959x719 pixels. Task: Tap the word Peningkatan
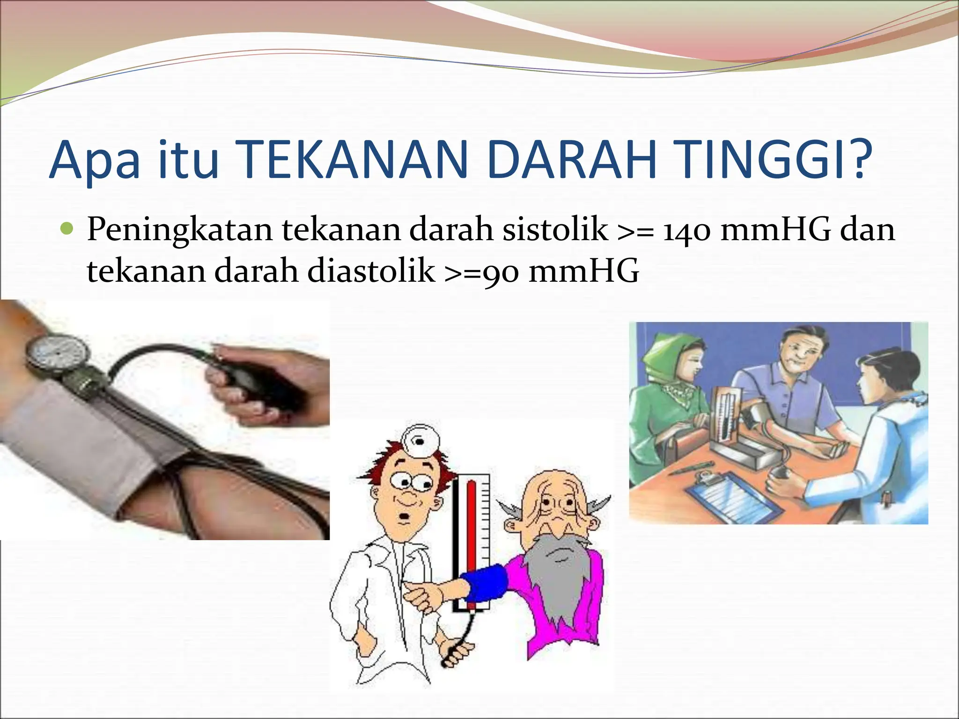coord(179,230)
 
